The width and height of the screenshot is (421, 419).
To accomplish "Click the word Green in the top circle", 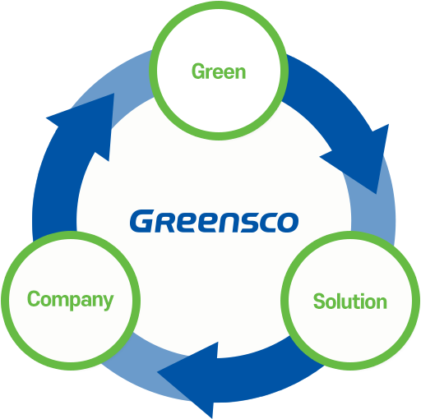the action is point(219,71).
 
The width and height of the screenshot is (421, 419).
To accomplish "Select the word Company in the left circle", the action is point(70,300).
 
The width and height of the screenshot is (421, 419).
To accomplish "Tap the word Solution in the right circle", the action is point(350,302).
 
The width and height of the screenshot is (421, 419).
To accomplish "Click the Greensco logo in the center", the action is point(214,221).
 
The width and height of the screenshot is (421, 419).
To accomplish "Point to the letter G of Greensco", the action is point(142,221).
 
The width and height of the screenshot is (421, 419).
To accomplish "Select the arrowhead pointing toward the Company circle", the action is point(187,380).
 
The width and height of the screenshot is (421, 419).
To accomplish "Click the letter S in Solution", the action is point(320,302).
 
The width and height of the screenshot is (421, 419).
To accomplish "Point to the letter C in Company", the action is point(34,298).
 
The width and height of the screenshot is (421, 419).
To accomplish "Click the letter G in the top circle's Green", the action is point(198,71).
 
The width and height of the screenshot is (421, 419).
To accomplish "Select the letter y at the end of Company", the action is point(109,302).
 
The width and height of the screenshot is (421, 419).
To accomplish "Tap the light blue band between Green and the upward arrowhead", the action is point(132,82).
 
